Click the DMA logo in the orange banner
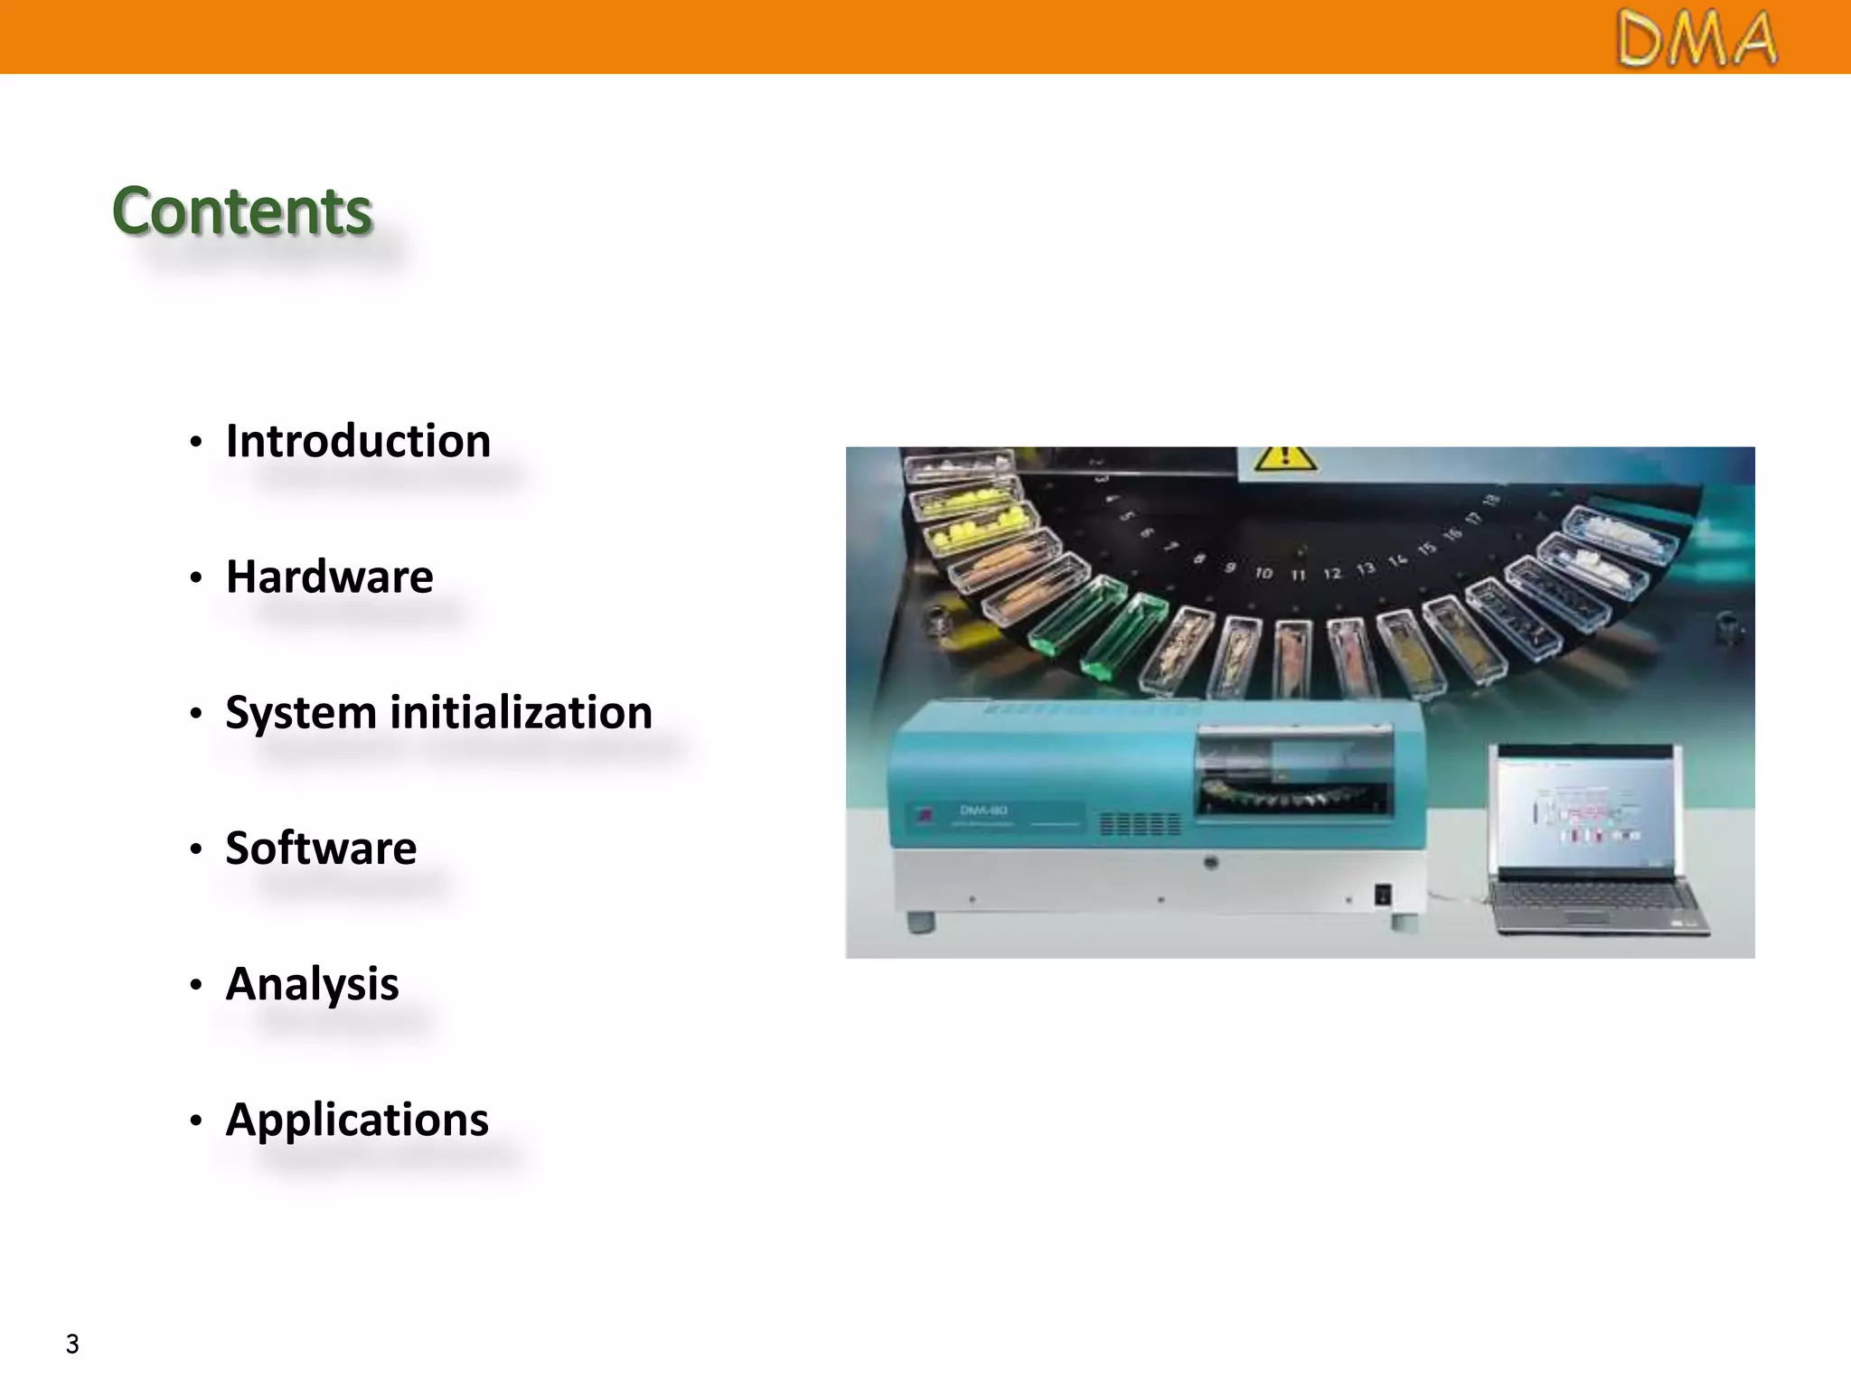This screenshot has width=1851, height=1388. coord(1696,39)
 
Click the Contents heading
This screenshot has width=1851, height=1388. coord(242,211)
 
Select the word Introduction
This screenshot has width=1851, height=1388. coord(358,441)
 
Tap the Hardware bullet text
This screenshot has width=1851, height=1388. coord(330,577)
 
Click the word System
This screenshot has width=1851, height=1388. coord(300,713)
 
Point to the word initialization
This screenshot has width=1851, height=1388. coord(521,712)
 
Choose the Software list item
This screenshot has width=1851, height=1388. coord(321,848)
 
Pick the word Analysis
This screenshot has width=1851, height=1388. coord(312,983)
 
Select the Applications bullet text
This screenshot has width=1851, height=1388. coord(357,1120)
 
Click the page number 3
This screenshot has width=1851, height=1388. coord(72,1344)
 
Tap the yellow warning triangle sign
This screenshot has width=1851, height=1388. coord(1284,458)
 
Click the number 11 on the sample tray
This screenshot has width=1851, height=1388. coord(1298,575)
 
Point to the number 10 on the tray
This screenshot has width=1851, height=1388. coord(1263,573)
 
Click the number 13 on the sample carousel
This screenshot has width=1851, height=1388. coord(1365,568)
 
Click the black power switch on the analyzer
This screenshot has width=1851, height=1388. coord(1382,895)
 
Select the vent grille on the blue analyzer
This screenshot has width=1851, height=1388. coord(1140,823)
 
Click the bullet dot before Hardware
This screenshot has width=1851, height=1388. coord(196,577)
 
